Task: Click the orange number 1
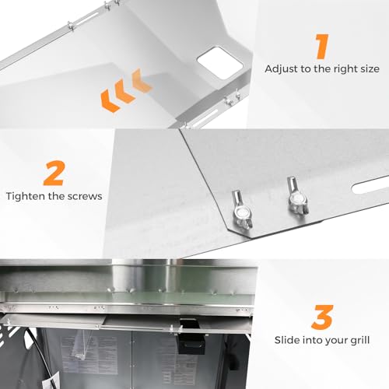[x=322, y=47]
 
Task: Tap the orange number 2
[x=54, y=173]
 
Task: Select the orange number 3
[x=322, y=317]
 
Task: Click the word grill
[x=360, y=341]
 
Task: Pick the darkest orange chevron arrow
[x=110, y=100]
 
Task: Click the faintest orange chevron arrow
[x=142, y=80]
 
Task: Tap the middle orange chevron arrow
[x=126, y=91]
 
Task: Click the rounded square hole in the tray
[x=220, y=63]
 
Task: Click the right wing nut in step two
[x=296, y=196]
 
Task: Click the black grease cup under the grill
[x=191, y=337]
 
